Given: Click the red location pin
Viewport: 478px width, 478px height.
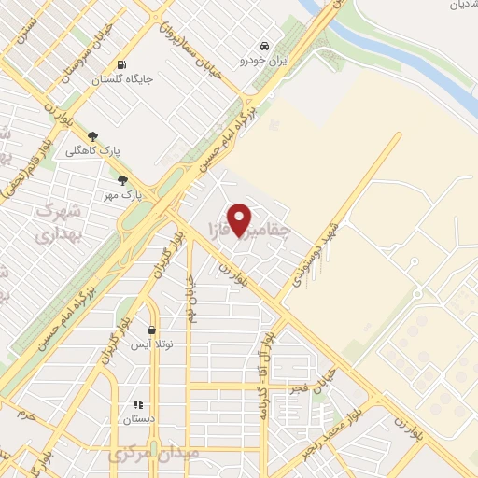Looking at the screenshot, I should pos(239,218).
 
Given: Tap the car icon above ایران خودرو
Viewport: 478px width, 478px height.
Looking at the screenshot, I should pos(265,45).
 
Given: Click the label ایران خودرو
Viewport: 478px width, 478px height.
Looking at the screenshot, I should pos(265,60).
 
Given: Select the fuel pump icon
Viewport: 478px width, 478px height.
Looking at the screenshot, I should pos(121,64).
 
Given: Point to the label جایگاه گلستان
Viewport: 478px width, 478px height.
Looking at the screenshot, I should pos(121,79).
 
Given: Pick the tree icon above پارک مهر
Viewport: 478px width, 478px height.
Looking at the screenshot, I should pos(122,180).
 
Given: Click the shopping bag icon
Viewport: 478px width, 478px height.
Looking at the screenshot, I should pos(151,330).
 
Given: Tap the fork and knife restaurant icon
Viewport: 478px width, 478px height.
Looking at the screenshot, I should pos(137,404).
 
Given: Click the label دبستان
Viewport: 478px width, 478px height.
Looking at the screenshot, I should pos(137,419).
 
